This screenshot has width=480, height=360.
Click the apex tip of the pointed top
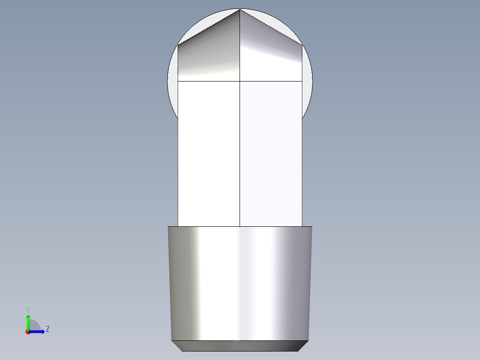coord(240,9)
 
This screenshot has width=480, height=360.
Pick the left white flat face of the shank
coord(208,156)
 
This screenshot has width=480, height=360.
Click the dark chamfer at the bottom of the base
coord(240,345)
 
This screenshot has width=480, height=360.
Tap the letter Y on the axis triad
coord(28,309)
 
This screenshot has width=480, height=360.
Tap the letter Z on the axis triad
coord(47,329)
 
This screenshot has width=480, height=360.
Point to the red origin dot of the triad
coord(28,332)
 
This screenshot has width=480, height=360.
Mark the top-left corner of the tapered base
coord(168,227)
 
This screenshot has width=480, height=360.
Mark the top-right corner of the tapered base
coord(312,227)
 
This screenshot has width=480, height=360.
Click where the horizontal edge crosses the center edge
coord(240,81)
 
